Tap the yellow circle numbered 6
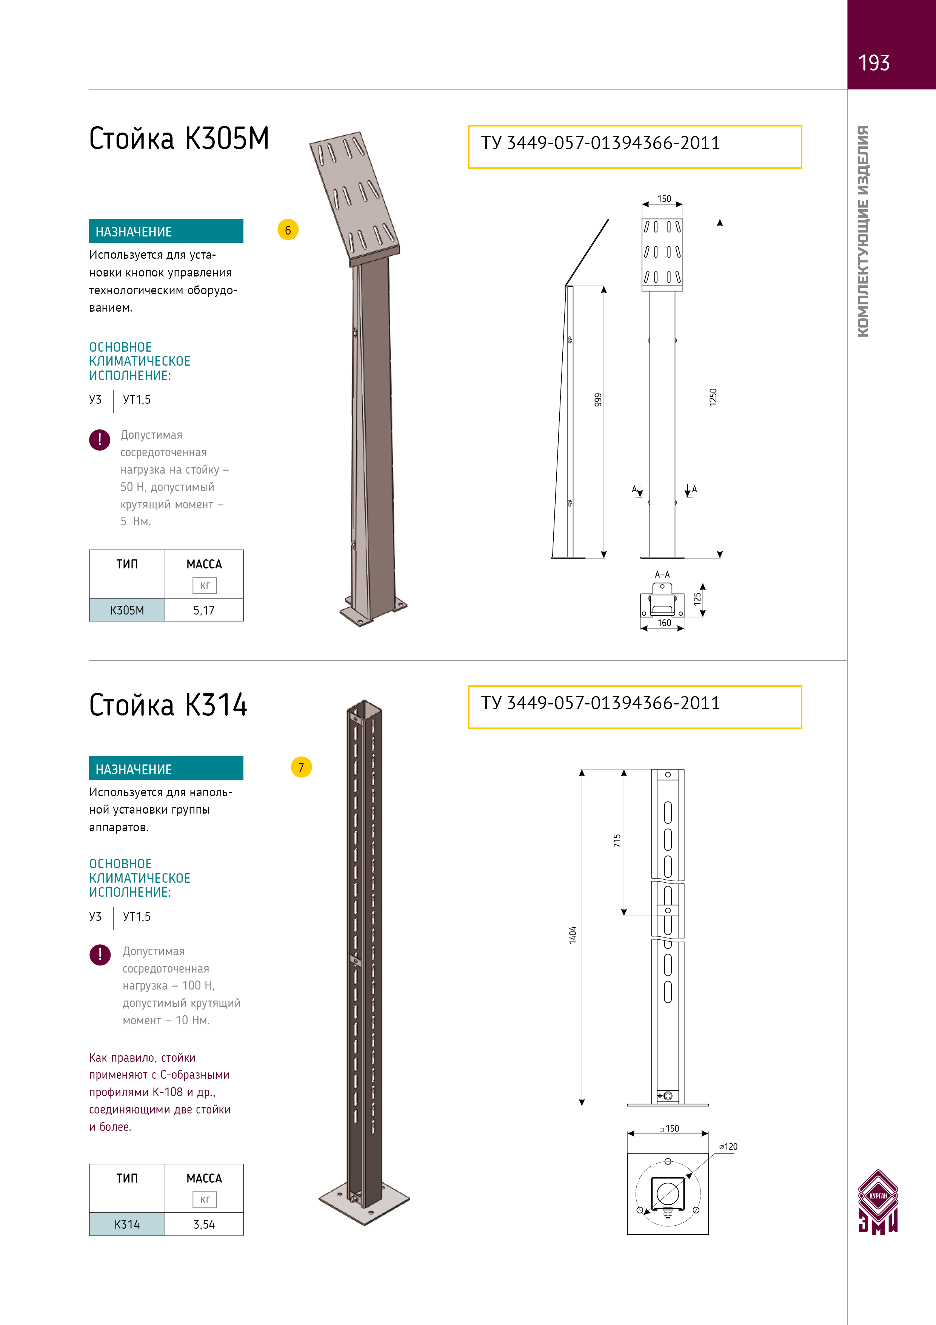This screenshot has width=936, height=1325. pyautogui.click(x=288, y=230)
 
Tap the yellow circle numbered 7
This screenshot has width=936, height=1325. pyautogui.click(x=301, y=768)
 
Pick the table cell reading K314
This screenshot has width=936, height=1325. pyautogui.click(x=127, y=1224)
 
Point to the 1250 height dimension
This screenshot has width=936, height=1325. pyautogui.click(x=713, y=397)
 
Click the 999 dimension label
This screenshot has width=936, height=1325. pyautogui.click(x=598, y=399)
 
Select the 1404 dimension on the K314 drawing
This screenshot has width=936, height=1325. pyautogui.click(x=573, y=935)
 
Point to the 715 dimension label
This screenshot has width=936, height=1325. pyautogui.click(x=617, y=840)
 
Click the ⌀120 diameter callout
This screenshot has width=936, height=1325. pyautogui.click(x=728, y=1147)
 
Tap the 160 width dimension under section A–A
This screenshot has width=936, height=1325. pyautogui.click(x=664, y=623)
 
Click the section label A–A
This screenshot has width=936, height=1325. pyautogui.click(x=662, y=575)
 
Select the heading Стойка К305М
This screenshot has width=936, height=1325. pyautogui.click(x=179, y=139)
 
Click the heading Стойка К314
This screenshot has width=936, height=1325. pyautogui.click(x=168, y=705)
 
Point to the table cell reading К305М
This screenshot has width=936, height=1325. pyautogui.click(x=127, y=610)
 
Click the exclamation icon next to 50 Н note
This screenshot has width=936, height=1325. pyautogui.click(x=100, y=440)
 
